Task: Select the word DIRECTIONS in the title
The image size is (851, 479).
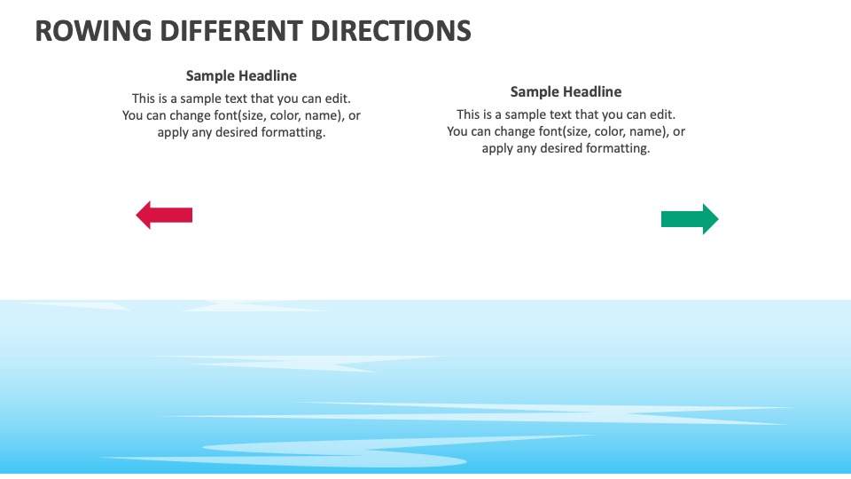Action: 393,31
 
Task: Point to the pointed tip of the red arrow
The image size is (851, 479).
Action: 137,215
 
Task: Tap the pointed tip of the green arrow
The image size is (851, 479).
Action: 717,219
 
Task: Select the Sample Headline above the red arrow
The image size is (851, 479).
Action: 241,75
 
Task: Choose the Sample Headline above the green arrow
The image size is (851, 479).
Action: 566,91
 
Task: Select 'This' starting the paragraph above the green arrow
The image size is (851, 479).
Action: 469,114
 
